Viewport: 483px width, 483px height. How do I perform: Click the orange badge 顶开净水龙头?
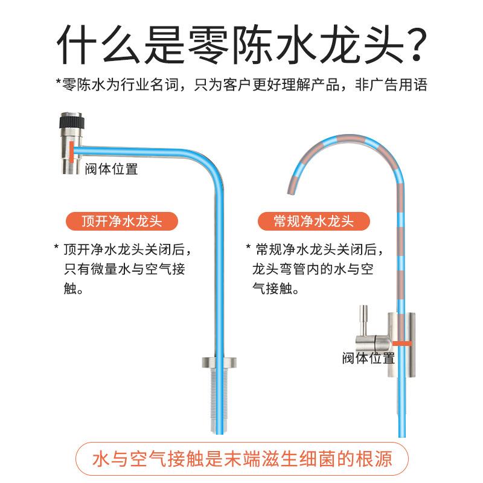click(121, 221)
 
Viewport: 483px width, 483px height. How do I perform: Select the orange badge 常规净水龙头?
click(313, 221)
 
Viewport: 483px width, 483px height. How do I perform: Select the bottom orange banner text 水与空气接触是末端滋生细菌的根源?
click(241, 459)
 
